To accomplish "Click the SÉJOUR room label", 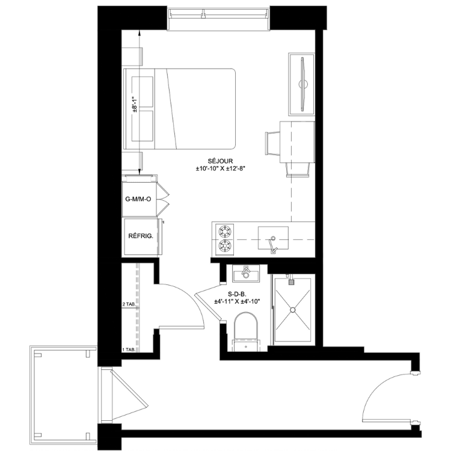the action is [220, 161].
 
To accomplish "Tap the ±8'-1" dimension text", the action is [134, 105].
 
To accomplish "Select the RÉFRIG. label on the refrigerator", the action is [141, 236].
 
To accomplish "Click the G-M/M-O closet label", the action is [138, 199].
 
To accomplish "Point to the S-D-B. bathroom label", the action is [237, 294].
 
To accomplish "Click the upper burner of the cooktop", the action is [225, 231].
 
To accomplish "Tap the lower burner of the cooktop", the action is [225, 245].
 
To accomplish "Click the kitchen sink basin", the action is [273, 238].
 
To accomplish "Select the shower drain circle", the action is [293, 310].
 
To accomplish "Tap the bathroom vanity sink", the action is [246, 273].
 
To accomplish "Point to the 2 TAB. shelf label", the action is [129, 304].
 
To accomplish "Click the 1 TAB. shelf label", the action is [129, 350].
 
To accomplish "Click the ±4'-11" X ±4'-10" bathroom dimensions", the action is [237, 301].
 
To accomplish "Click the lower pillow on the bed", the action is [142, 126].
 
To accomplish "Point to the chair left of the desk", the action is [272, 144].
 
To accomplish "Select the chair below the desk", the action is [298, 169].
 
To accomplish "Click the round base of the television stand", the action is [304, 84].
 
